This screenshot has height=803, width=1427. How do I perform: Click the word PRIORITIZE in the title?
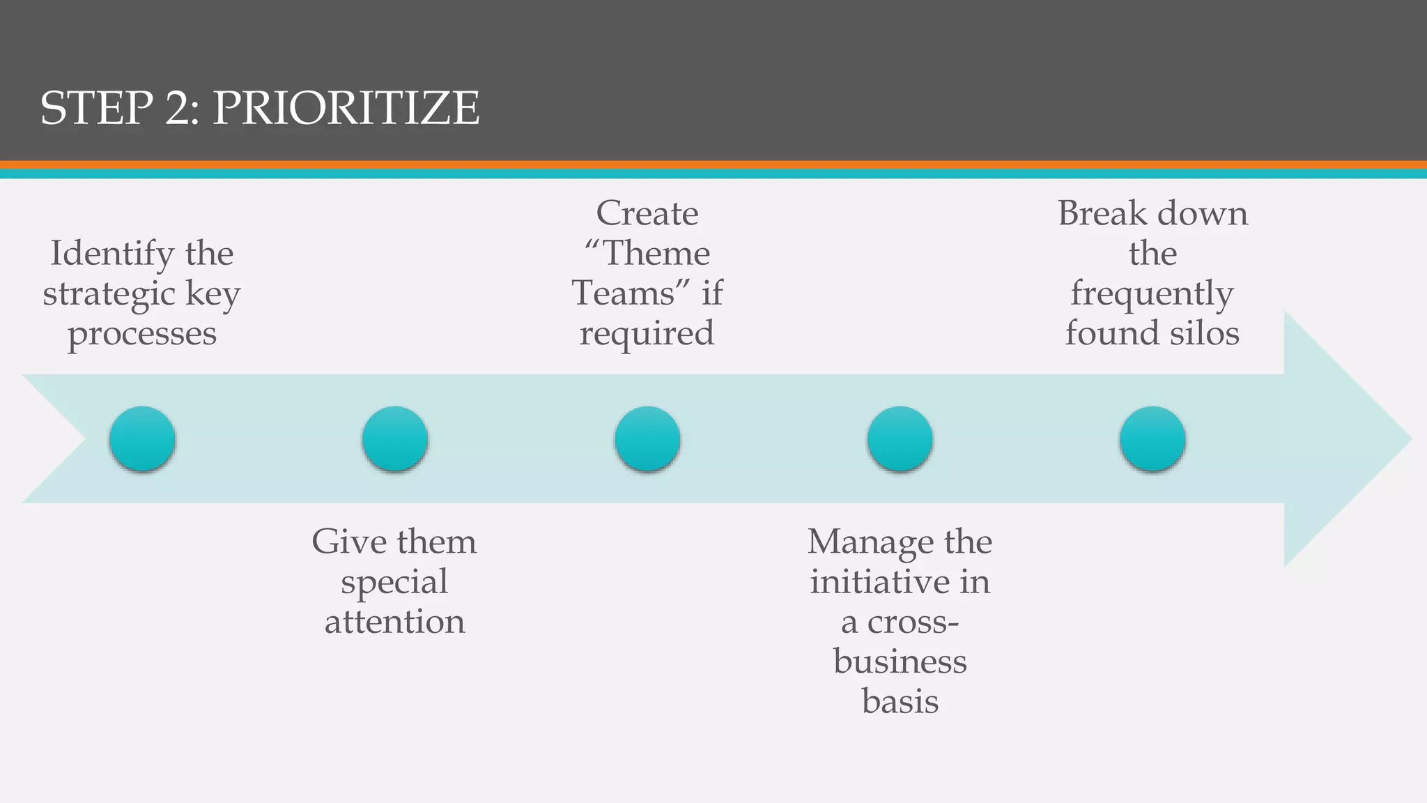[x=346, y=109]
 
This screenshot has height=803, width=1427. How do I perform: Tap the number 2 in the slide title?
[x=182, y=109]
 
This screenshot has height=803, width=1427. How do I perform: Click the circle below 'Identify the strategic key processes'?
[x=142, y=439]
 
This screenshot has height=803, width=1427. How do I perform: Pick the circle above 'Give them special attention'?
[x=394, y=439]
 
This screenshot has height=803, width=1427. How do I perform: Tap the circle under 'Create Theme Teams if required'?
[x=647, y=439]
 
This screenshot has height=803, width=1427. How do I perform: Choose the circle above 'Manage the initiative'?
[x=900, y=439]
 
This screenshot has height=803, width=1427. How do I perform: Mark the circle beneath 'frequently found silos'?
[x=1152, y=439]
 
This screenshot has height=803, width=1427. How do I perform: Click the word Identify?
[x=112, y=254]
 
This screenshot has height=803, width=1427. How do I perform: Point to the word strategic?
[x=107, y=293]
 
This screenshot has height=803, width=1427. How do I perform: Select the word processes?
[x=142, y=334]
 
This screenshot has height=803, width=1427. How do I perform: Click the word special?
[x=394, y=582]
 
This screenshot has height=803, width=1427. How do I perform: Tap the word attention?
[x=394, y=622]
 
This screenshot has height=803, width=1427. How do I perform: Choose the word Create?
[x=647, y=213]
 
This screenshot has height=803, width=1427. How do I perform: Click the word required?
[x=647, y=334]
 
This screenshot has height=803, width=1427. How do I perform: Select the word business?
[x=900, y=661]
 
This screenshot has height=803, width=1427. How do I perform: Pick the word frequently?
[x=1152, y=293]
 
